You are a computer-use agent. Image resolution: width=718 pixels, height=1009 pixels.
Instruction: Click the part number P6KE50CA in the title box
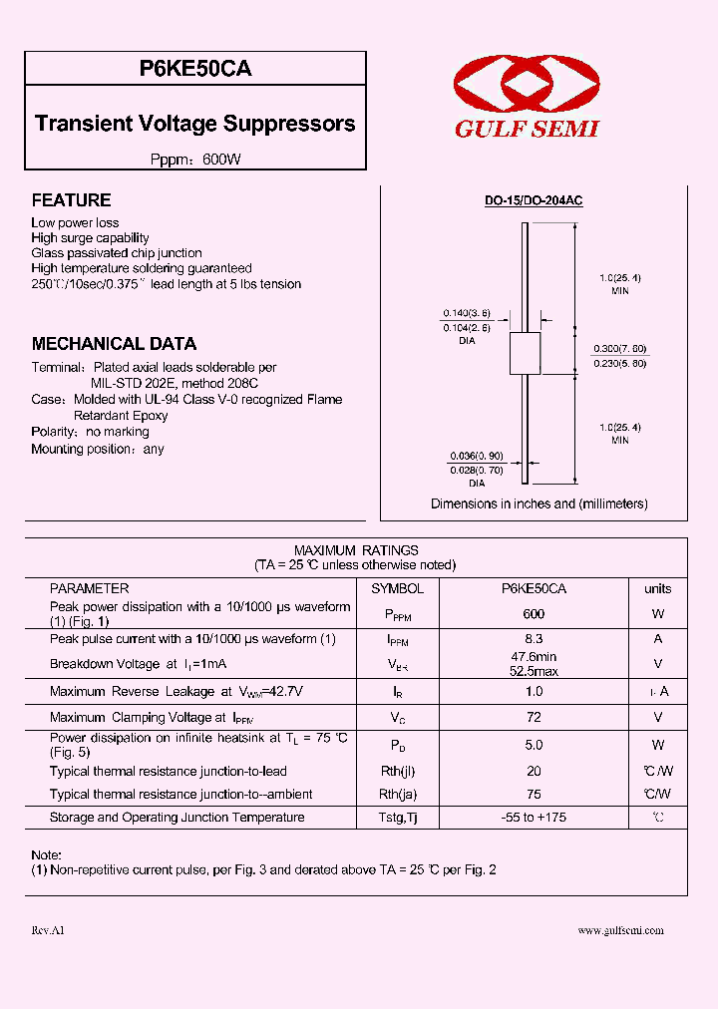[x=195, y=69]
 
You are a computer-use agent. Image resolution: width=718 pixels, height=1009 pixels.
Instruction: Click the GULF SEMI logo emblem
[x=527, y=89]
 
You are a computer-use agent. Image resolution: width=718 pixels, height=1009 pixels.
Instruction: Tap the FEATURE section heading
[x=71, y=200]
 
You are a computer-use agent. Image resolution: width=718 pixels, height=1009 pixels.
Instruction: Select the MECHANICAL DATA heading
[x=114, y=344]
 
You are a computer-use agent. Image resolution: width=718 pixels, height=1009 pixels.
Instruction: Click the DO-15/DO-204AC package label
[x=534, y=200]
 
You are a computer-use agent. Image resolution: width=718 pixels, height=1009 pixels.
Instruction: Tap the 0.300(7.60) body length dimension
[x=620, y=348]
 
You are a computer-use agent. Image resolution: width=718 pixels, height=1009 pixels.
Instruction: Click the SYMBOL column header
[x=397, y=589]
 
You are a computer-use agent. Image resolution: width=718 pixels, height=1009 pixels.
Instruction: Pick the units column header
[x=657, y=589]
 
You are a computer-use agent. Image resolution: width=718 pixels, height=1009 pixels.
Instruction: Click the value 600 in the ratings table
[x=534, y=614]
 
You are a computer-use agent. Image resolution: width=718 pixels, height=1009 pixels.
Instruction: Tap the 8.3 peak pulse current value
[x=534, y=639]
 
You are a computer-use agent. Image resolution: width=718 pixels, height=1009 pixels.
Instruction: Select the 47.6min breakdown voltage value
[x=534, y=657]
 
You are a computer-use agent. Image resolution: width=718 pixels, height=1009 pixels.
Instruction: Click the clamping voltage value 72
[x=534, y=717]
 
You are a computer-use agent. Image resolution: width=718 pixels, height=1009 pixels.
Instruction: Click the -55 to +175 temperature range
[x=534, y=818]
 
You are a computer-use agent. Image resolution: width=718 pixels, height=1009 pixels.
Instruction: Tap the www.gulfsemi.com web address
[x=620, y=930]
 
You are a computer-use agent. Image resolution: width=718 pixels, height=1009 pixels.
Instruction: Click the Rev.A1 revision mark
[x=47, y=930]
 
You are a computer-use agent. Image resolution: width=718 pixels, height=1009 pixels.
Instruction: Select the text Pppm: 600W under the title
[x=195, y=160]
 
